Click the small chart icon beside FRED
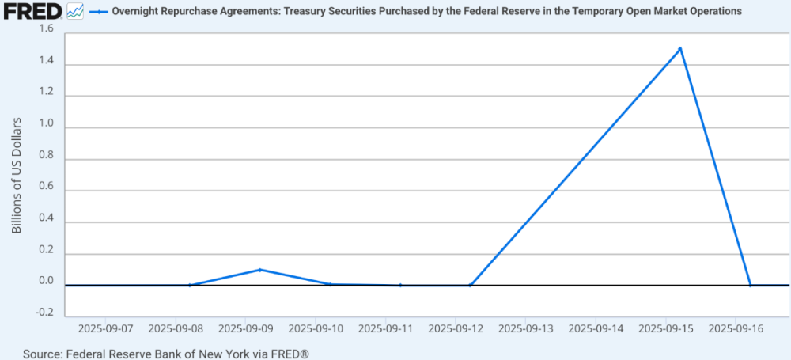76,12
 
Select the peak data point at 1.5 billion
680,48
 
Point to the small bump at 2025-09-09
259,270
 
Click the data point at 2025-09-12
470,285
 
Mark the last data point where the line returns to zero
750,285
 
